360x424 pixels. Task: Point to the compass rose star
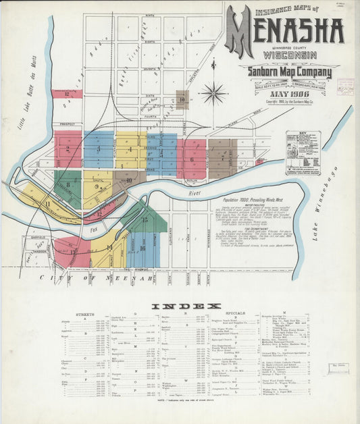tap(214, 92)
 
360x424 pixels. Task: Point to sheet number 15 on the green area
tap(144, 219)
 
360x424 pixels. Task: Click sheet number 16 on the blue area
tap(142, 248)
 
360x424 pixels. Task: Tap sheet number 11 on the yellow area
tap(47, 203)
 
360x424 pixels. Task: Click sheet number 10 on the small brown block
tap(182, 100)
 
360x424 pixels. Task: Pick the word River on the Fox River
tap(196, 192)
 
